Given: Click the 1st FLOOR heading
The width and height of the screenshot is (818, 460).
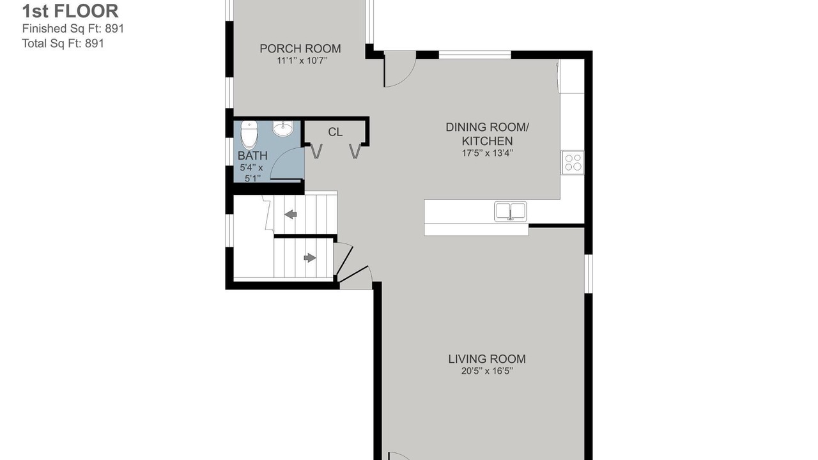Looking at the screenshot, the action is [70, 11].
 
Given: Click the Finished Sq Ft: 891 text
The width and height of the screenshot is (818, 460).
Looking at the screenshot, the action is [73, 29].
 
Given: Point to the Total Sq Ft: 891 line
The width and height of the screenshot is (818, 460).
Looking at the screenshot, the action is [63, 43].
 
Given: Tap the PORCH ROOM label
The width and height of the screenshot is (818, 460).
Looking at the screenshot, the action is [300, 49].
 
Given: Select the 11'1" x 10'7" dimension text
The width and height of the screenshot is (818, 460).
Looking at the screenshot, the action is [302, 61].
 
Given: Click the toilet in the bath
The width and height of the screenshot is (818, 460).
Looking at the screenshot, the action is [249, 134].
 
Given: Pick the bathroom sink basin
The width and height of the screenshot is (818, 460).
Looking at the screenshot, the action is [282, 128].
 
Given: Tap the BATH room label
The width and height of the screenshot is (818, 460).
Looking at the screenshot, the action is [252, 155].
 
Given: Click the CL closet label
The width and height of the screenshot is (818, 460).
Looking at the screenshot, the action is [336, 132].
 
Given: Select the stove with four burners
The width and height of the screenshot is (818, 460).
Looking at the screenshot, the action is [573, 162].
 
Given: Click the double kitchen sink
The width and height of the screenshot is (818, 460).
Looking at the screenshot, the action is [511, 211].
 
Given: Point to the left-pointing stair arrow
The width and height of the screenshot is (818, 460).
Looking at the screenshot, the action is [291, 214].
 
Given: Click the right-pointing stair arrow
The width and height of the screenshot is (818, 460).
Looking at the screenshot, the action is [310, 257].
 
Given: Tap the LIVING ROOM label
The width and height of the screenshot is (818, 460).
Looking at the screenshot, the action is [487, 359].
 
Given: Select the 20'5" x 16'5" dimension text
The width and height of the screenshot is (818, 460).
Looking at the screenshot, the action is [487, 371].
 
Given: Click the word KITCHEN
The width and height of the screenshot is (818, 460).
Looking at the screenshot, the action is [487, 141].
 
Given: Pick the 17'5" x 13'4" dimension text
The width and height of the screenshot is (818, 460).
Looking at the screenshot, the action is [488, 153].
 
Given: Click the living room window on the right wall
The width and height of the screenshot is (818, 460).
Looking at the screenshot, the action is [589, 274].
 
